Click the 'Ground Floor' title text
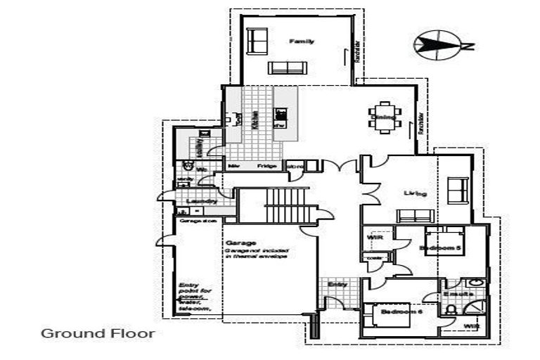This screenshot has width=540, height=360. coord(97,333)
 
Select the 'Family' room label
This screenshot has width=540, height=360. coord(302,41)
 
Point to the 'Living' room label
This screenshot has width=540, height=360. coord(416,193)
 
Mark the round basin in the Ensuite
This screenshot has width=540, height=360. coord(476,282)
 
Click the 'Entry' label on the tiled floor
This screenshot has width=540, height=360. coord(337,284)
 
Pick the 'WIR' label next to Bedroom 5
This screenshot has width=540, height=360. coord(374,238)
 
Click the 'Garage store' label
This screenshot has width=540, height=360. coord(198,221)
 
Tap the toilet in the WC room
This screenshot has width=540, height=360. coord(188,167)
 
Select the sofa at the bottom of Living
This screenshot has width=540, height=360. coord(458,189)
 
